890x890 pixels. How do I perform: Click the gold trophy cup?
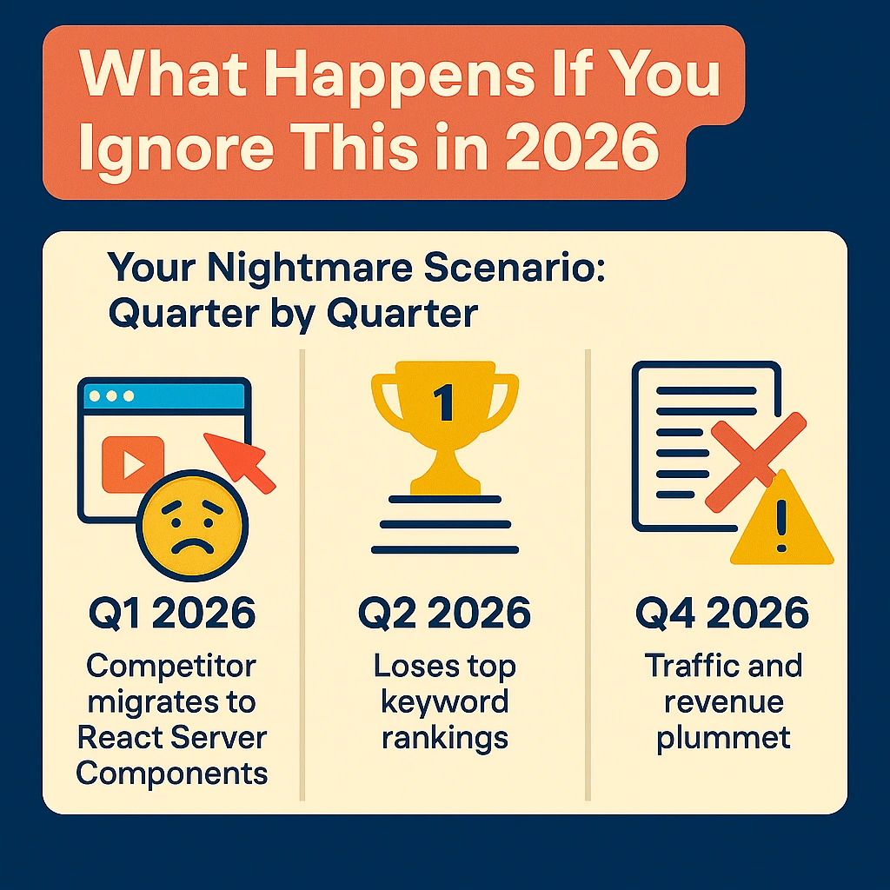[444, 416]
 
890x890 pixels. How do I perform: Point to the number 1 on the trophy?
[443, 402]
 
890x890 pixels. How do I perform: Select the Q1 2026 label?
[172, 614]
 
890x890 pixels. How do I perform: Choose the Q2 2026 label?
[444, 614]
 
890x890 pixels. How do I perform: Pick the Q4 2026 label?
[722, 614]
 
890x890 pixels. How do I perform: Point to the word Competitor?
[172, 667]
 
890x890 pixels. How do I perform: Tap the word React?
[119, 737]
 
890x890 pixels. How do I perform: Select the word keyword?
[444, 702]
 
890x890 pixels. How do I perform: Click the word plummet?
[723, 737]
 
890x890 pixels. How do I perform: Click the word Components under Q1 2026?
[172, 773]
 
